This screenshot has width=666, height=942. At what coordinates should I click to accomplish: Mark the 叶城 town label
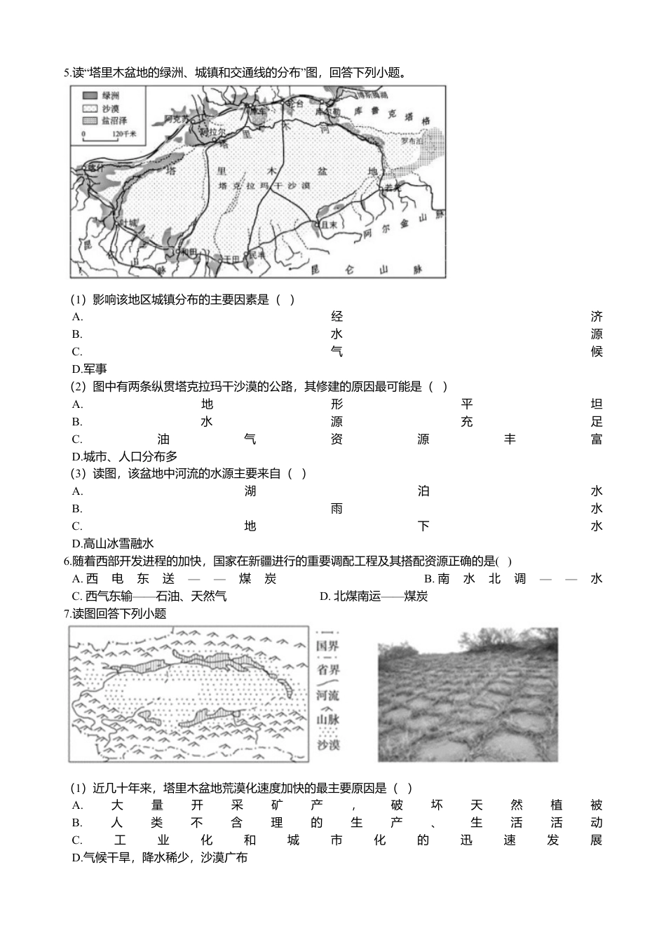point(129,222)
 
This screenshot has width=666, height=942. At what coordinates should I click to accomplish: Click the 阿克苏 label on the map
point(176,118)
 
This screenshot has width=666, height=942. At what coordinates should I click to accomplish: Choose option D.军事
point(90,369)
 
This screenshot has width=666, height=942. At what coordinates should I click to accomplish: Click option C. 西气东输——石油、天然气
point(149,596)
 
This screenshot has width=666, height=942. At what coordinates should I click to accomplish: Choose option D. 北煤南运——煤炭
point(374,596)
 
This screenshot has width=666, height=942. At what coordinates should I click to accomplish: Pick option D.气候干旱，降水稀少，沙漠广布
point(159,857)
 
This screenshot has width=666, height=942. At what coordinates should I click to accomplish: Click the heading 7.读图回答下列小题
point(115,613)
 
